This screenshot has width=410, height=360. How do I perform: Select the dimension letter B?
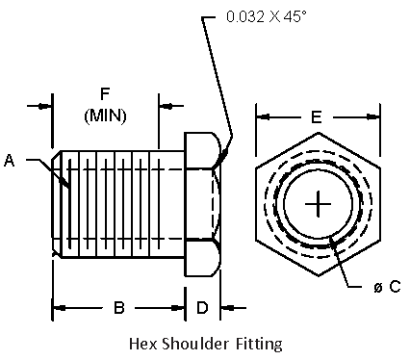[119, 308]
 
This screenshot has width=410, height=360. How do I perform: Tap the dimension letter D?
[202, 308]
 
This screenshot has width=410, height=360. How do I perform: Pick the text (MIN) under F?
[109, 115]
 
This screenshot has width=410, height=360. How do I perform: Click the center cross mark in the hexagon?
[317, 203]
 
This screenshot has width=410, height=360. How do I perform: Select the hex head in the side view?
[203, 203]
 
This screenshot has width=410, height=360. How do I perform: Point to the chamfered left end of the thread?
[58, 203]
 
